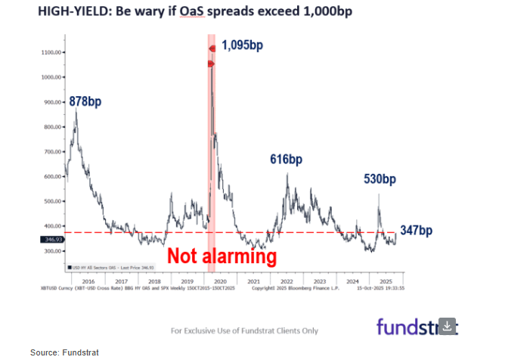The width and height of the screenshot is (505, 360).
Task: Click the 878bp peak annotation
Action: pyautogui.click(x=85, y=101)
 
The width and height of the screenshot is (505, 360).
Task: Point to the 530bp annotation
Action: pyautogui.click(x=378, y=179)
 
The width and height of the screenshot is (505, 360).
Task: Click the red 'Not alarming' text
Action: pyautogui.click(x=222, y=256)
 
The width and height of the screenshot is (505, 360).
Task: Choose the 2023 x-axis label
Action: pyautogui.click(x=319, y=280)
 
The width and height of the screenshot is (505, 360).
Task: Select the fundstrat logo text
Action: pyautogui.click(x=408, y=327)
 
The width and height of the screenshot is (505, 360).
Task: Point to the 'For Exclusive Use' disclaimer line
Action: pyautogui.click(x=244, y=331)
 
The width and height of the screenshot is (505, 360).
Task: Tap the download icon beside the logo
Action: pyautogui.click(x=448, y=326)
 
